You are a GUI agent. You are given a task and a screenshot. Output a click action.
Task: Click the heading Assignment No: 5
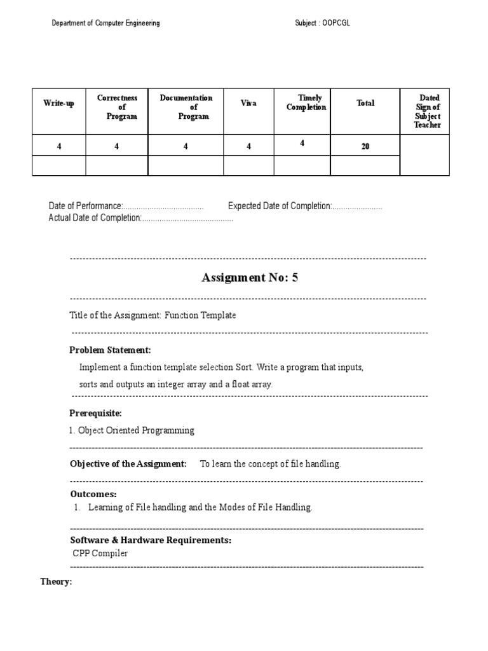coord(249,277)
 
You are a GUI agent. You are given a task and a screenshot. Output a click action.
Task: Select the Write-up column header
coord(58,104)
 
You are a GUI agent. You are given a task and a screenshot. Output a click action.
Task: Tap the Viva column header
coord(248,103)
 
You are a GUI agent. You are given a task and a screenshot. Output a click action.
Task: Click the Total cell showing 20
coord(365,146)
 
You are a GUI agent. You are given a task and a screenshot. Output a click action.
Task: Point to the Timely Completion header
coord(306,102)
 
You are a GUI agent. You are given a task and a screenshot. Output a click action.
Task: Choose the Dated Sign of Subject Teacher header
coord(427,112)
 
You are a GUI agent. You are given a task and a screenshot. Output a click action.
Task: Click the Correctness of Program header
coord(117,107)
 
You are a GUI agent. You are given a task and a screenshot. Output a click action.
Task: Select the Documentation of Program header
coord(186,107)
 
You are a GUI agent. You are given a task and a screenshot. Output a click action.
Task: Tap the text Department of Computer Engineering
coord(105,24)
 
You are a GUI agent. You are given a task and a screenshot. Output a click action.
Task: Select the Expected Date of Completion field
coord(305,207)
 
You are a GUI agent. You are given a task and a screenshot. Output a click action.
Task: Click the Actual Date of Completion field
coord(141,218)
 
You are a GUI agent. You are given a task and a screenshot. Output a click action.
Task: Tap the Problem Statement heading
coord(110,350)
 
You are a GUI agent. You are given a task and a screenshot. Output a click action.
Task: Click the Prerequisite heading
coord(95,413)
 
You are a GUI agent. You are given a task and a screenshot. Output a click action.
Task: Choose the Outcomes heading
coord(93,494)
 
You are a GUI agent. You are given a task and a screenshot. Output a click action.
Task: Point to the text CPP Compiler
coord(100,553)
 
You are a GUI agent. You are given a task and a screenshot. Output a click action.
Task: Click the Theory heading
coord(56,582)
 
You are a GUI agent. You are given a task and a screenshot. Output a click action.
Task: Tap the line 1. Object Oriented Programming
coord(132,430)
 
